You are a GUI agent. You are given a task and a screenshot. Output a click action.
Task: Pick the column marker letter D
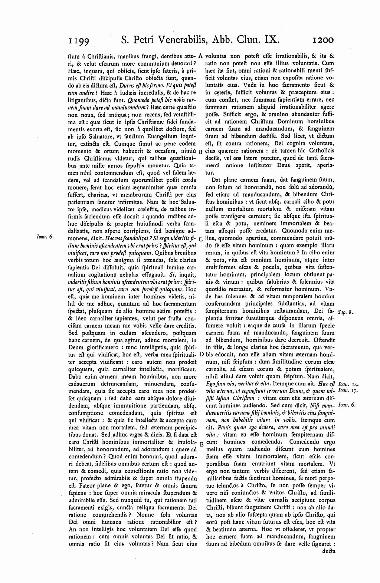200,354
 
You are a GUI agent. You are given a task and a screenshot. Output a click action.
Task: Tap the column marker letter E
200,444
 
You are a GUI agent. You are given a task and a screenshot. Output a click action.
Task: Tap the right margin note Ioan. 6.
347,405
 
